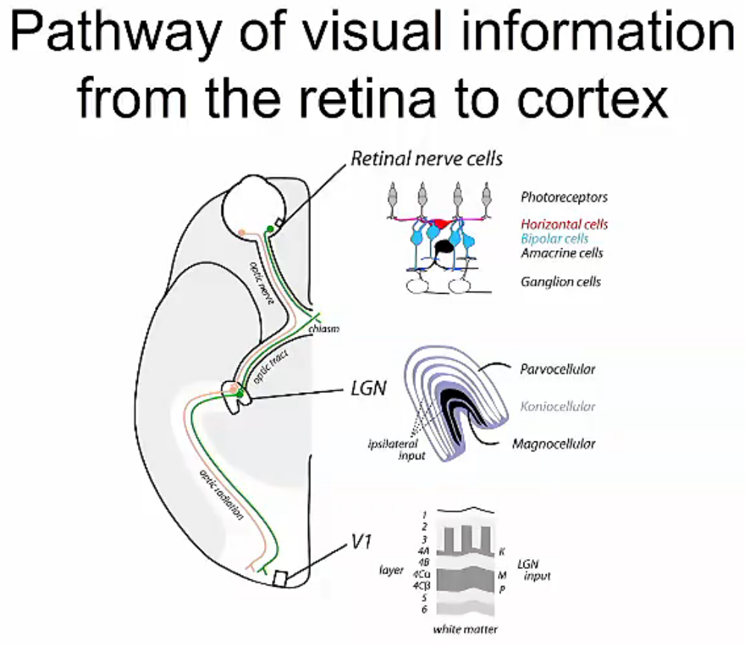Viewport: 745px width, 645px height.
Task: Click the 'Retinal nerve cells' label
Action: click(427, 158)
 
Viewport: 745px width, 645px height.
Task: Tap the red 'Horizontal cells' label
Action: click(564, 224)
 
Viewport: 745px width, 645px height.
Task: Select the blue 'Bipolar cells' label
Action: click(554, 239)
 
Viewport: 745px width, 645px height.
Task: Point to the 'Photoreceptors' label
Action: click(564, 198)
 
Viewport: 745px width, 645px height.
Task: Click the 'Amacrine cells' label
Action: click(562, 254)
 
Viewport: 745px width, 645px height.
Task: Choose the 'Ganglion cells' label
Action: click(560, 282)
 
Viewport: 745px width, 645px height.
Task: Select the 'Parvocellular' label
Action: click(558, 369)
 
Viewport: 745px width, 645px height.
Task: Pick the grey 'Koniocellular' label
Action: click(559, 406)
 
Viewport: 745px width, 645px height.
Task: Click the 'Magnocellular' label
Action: click(554, 444)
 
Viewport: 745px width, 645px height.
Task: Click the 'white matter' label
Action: click(465, 629)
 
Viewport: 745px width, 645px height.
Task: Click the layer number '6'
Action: click(423, 609)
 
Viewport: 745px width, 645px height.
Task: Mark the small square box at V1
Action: click(280, 579)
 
